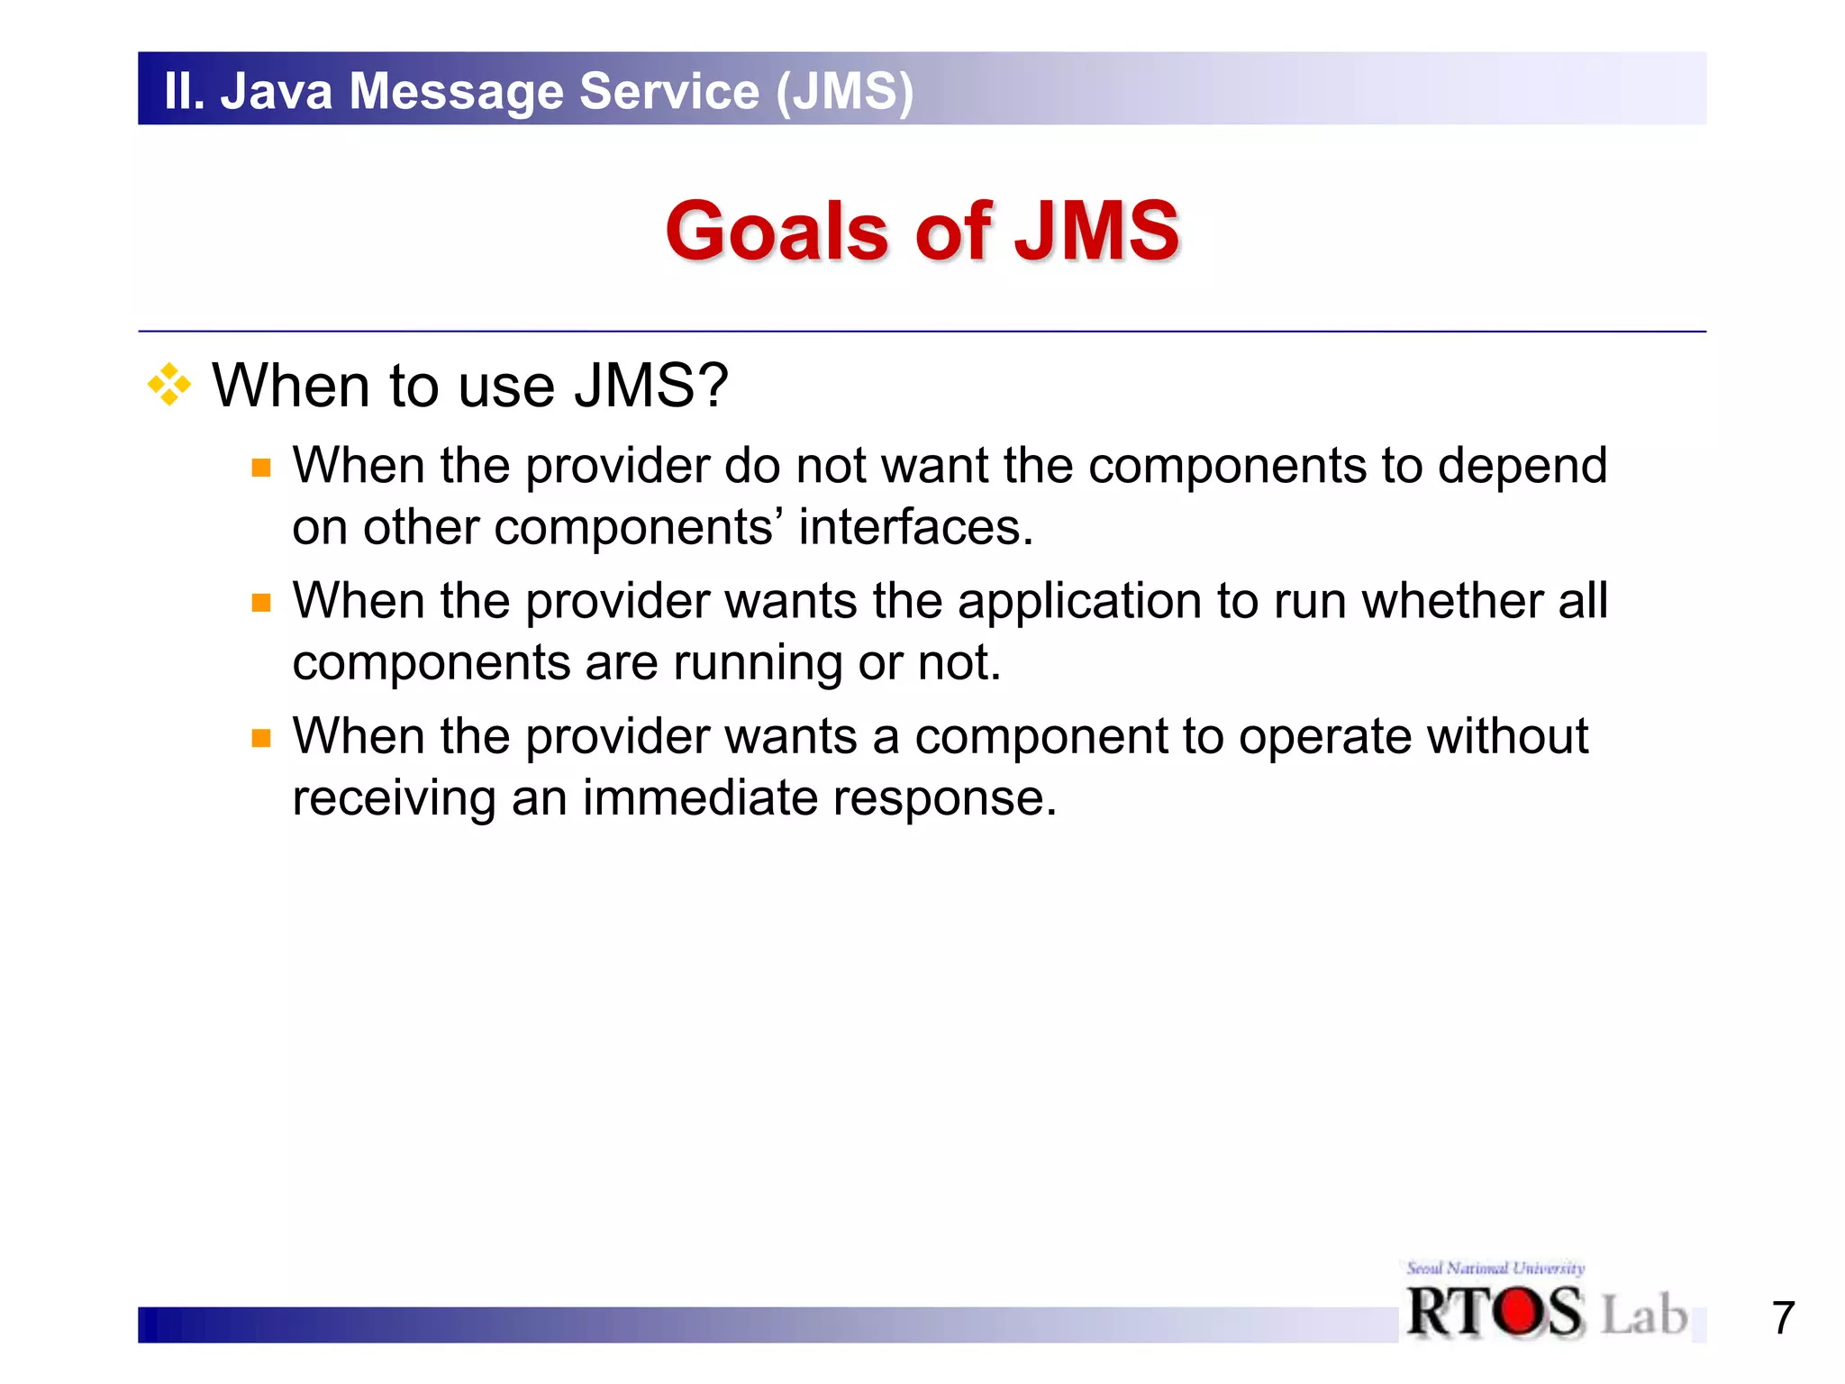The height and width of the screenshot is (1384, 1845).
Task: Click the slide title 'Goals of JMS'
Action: pos(922,231)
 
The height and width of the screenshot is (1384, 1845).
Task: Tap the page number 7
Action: pos(1783,1317)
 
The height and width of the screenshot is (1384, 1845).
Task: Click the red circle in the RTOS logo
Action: pos(1521,1311)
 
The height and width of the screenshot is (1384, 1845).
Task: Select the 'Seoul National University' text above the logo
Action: pos(1495,1268)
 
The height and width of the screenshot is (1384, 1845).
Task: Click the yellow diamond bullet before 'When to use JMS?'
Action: pos(169,386)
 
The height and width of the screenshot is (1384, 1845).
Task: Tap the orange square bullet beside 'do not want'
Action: pos(261,468)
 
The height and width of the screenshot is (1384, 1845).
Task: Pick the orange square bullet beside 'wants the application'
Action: pos(261,603)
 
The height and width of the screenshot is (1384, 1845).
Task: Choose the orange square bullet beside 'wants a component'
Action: pos(261,739)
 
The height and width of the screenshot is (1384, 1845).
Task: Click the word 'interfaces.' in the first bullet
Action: pos(915,527)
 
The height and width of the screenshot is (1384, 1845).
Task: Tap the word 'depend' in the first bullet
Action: pos(1522,467)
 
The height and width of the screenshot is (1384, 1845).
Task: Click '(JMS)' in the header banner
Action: pos(844,91)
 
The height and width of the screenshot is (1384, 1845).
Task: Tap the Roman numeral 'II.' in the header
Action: pos(185,91)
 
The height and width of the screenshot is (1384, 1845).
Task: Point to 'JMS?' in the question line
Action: pos(650,386)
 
